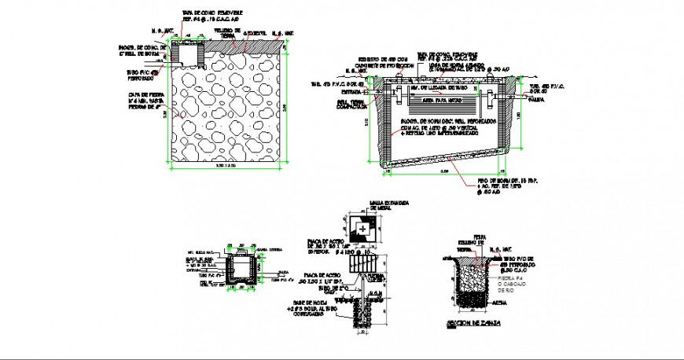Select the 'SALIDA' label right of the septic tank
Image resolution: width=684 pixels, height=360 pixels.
click(537, 100)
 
